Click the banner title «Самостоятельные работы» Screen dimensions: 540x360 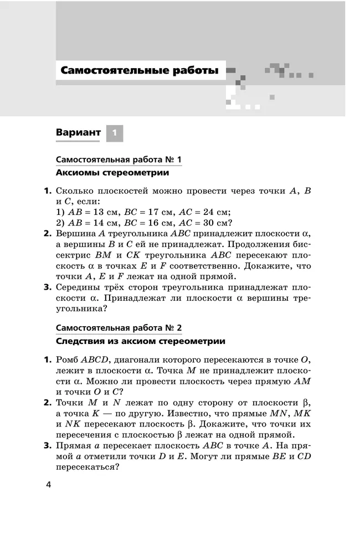[139, 71]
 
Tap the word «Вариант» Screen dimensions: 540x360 [78, 133]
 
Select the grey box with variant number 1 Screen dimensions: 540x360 [114, 133]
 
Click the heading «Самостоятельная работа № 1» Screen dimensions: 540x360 [119, 160]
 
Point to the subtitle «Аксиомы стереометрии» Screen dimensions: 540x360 [112, 173]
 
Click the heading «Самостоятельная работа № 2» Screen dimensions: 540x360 [119, 328]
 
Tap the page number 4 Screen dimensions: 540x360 [48, 485]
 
